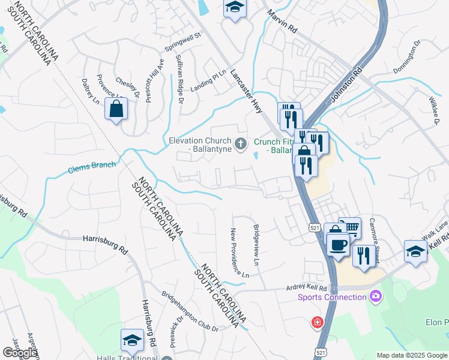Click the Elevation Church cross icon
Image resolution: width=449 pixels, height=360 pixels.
coord(241,143)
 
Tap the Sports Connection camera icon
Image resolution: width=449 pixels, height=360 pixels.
coord(376,296)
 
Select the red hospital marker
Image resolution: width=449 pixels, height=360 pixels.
coord(317,323)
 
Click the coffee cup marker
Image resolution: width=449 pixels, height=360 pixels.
coord(337,244)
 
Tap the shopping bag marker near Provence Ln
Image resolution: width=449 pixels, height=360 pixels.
coord(116,109)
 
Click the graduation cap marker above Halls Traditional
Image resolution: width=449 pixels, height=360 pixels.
coord(132,340)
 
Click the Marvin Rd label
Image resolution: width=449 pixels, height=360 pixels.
coord(283,21)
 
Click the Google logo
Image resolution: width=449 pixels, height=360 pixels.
coord(20,353)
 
